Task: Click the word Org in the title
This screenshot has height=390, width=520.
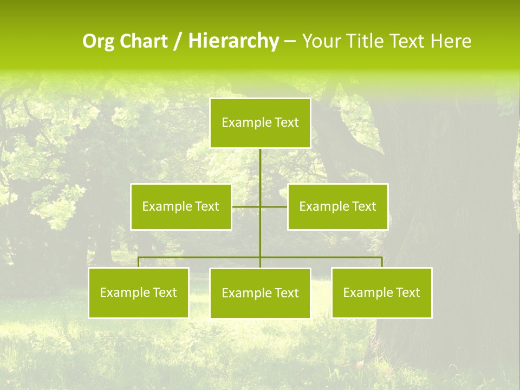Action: [x=98, y=41]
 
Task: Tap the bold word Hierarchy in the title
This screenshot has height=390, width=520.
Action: [x=233, y=41]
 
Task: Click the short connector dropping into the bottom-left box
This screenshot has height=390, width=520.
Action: [x=139, y=262]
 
